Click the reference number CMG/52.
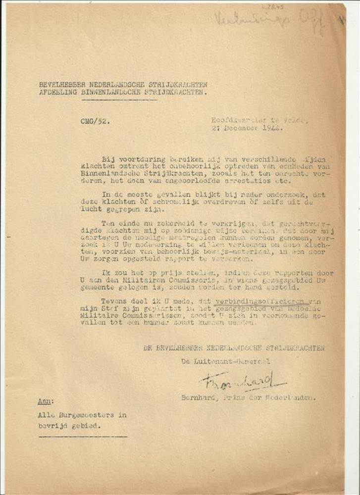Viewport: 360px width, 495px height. click(92, 121)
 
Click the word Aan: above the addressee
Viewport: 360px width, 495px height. click(46, 401)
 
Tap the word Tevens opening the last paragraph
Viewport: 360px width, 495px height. click(114, 300)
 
